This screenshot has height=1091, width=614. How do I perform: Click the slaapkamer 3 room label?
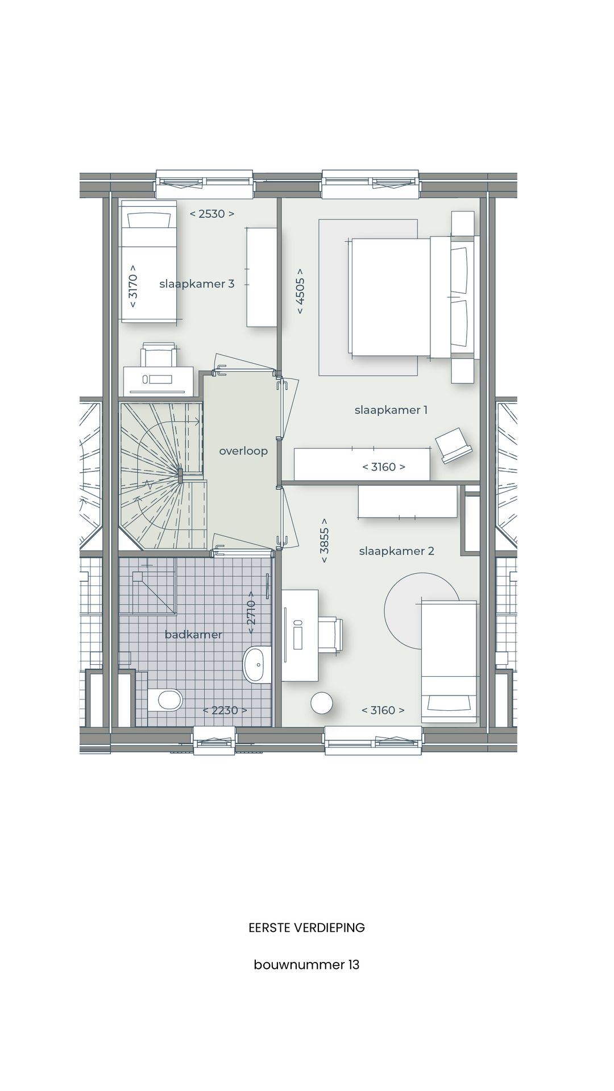pos(197,284)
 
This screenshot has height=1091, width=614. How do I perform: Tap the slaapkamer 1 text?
pos(391,410)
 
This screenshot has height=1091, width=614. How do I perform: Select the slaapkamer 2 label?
pos(396,551)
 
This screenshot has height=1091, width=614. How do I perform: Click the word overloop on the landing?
pos(243,451)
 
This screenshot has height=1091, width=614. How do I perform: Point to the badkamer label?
pos(193,634)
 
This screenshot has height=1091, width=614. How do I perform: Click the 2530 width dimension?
pos(211,214)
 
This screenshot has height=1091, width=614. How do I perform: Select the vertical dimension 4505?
pos(300,292)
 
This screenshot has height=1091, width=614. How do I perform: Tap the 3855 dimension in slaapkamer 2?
pos(324,540)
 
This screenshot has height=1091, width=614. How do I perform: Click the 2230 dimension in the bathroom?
pos(225,710)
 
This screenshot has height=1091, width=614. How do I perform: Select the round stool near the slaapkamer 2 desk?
pos(322,702)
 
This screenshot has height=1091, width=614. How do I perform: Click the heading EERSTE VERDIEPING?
pos(306,928)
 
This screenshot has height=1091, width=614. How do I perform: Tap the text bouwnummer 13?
pos(306,965)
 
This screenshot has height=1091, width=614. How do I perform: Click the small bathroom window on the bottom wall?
pos(215,742)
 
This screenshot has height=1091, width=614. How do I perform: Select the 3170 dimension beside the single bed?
pos(132,286)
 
